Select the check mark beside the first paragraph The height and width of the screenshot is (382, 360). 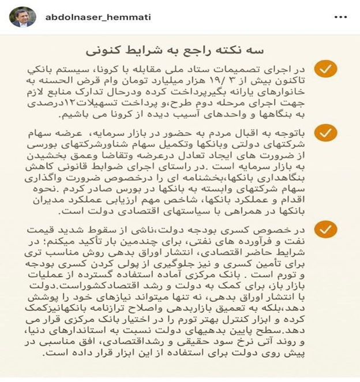click(327, 70)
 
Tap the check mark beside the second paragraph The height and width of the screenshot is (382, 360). click(327, 133)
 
